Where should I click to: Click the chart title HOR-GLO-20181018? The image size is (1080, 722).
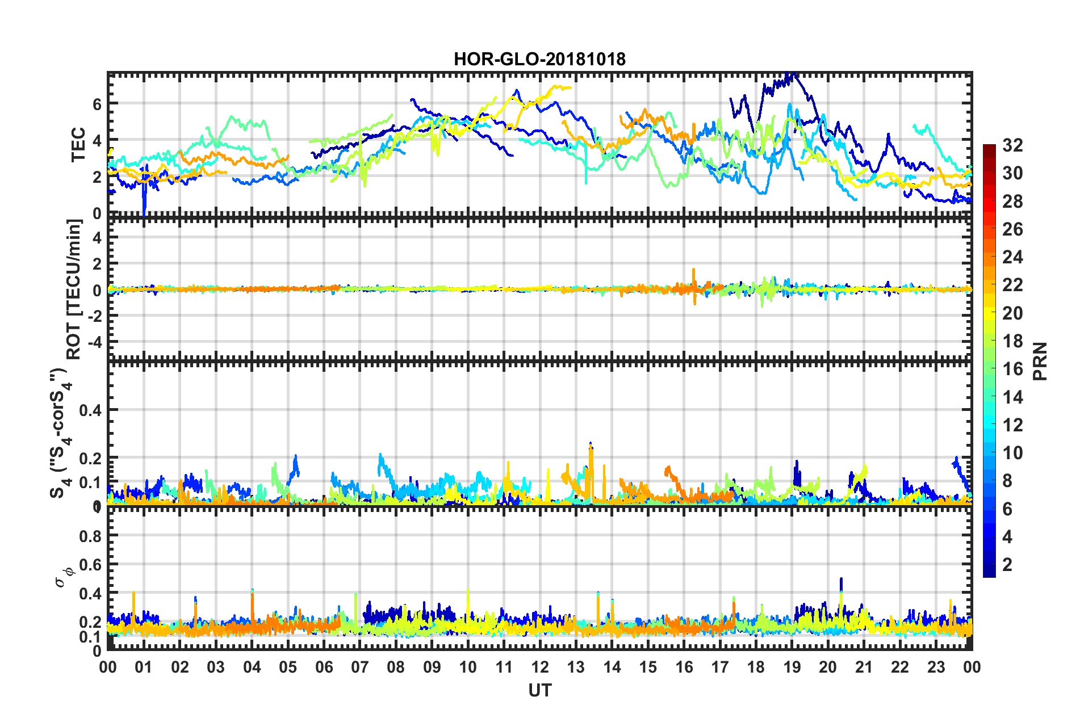click(x=539, y=59)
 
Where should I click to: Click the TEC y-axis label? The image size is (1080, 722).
click(x=78, y=144)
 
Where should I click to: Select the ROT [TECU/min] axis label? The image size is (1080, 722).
click(x=74, y=289)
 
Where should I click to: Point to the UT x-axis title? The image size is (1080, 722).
click(x=539, y=690)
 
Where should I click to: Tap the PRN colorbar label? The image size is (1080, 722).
click(x=1040, y=361)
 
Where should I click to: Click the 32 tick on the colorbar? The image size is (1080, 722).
click(x=1012, y=145)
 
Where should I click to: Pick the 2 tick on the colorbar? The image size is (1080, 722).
click(x=1007, y=564)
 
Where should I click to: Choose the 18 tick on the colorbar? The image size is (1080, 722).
click(x=1012, y=341)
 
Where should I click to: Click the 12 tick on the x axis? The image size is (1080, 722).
click(x=540, y=667)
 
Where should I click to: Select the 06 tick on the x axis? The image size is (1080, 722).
click(x=324, y=667)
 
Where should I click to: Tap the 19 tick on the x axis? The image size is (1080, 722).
click(x=792, y=667)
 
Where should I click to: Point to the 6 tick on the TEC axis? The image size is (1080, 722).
click(x=97, y=104)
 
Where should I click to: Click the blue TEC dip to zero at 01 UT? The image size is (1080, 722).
click(x=144, y=210)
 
